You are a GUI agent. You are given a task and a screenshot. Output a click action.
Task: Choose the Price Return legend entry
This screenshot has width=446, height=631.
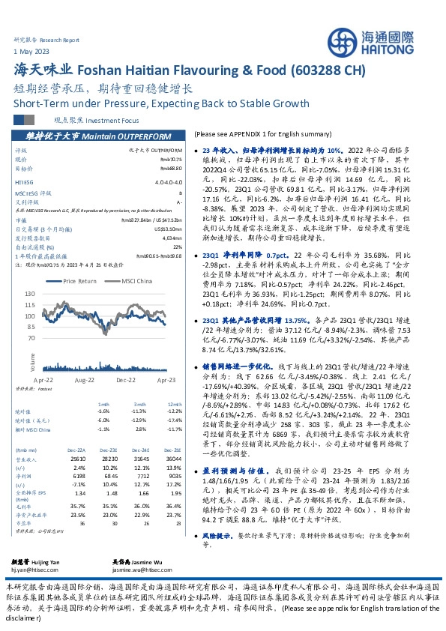tap(81, 281)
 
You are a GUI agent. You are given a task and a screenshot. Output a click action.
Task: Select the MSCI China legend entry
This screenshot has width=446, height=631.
tap(135, 281)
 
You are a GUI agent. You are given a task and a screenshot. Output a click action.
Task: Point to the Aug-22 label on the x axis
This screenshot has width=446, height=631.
tap(85, 381)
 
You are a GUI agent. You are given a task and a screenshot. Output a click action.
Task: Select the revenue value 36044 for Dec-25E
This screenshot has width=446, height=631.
tap(173, 458)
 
